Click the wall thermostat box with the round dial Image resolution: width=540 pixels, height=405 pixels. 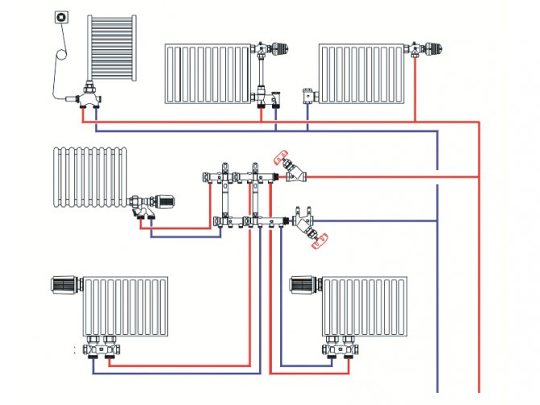click(63, 17)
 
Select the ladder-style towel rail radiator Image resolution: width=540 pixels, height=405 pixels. click(112, 47)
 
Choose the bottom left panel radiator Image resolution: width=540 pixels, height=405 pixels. click(126, 307)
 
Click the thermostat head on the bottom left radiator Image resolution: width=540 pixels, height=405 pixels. click(64, 284)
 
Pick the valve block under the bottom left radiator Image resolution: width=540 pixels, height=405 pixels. click(100, 349)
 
